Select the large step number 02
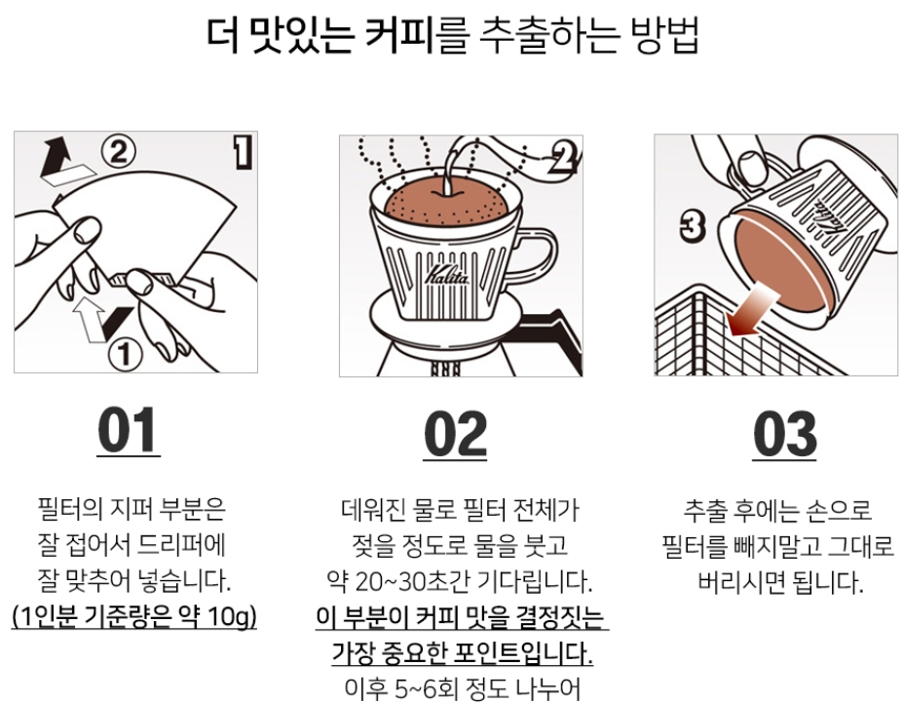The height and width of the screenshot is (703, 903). click(455, 434)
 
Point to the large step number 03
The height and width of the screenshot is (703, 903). click(784, 434)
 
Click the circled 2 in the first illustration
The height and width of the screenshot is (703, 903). click(118, 152)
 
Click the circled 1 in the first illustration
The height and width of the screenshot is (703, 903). click(126, 354)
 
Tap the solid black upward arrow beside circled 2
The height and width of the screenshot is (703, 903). click(56, 157)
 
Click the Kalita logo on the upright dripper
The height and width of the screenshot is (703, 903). click(447, 275)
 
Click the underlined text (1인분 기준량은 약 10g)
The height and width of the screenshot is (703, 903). click(134, 617)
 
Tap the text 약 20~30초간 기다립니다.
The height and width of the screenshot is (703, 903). click(460, 581)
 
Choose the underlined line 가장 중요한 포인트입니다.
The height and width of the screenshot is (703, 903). click(462, 653)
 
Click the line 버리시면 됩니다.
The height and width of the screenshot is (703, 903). click(781, 581)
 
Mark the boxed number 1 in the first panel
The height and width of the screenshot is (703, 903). click(243, 152)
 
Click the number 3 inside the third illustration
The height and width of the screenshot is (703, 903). click(693, 226)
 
